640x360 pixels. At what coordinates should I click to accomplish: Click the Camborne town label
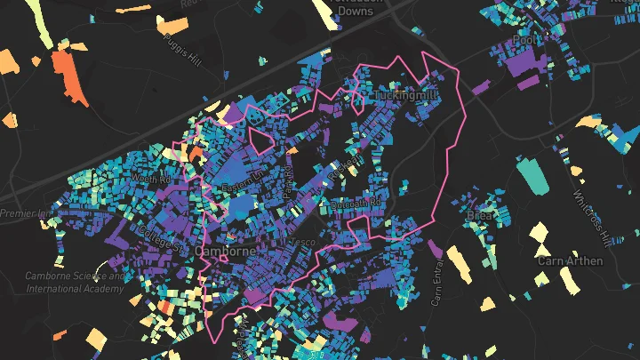click(225, 252)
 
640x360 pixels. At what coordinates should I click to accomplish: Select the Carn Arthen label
click(571, 261)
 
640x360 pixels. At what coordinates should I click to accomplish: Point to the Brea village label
click(478, 216)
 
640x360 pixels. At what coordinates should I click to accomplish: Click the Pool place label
click(526, 41)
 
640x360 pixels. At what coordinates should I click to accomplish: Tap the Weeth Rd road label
click(150, 180)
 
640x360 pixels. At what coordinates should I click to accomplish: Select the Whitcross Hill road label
click(588, 219)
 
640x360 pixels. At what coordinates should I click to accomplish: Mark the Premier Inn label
click(27, 213)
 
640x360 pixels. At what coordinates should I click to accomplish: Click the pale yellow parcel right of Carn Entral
click(460, 263)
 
